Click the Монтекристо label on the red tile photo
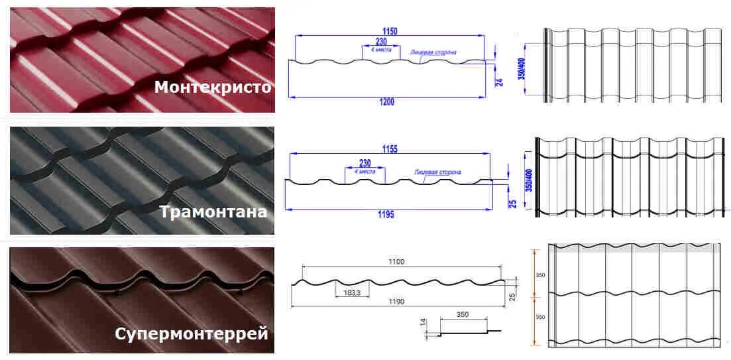tap(212, 88)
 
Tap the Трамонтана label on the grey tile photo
tap(213, 211)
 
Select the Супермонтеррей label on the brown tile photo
tap(191, 333)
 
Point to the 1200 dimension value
tap(387, 101)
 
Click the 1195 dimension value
tap(386, 214)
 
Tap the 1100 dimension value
tap(396, 262)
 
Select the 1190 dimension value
tap(396, 302)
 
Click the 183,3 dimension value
tap(353, 292)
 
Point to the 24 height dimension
tap(500, 82)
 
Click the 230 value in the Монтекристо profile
tap(381, 42)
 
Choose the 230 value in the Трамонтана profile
tap(365, 162)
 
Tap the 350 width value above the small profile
tap(463, 314)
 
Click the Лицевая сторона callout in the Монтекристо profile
tap(433, 52)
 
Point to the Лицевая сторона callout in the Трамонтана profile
tap(438, 172)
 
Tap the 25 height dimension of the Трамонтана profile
tap(512, 203)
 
